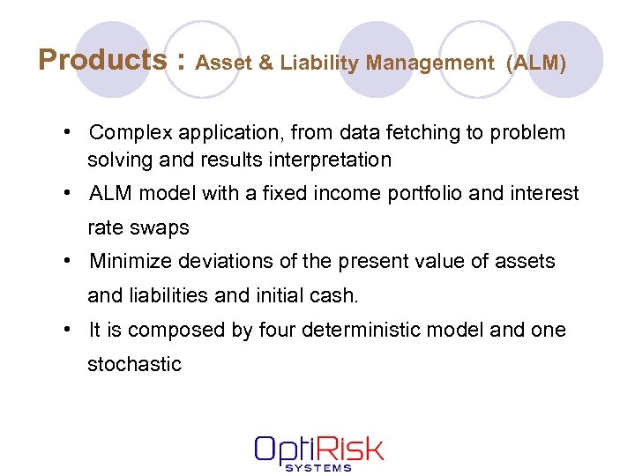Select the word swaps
click(161, 227)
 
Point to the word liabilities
click(168, 295)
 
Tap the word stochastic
click(134, 364)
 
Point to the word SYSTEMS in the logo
click(318, 467)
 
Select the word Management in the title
click(430, 63)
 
